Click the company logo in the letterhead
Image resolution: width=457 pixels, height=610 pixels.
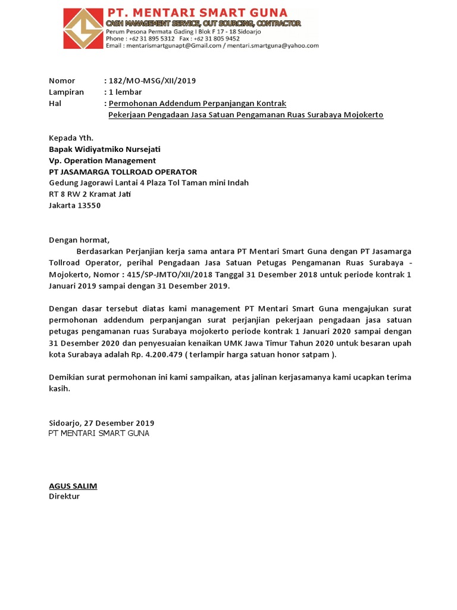click(83, 28)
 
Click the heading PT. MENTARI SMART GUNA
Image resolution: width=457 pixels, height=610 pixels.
click(196, 13)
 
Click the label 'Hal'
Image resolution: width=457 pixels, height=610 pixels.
click(55, 103)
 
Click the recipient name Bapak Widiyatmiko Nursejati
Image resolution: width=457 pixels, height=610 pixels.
click(105, 149)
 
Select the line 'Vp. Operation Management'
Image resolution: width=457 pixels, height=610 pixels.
click(102, 160)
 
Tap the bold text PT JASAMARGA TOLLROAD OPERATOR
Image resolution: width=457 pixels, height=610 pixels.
click(118, 172)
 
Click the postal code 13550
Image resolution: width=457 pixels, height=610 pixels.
click(89, 206)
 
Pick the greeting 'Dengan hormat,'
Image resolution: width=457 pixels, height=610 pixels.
click(79, 240)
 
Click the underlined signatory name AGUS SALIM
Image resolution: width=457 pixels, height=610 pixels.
click(73, 485)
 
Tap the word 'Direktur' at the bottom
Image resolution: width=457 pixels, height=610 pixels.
click(64, 496)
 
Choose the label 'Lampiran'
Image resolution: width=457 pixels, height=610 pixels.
click(66, 92)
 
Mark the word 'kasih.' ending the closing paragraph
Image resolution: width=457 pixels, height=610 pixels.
click(60, 388)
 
